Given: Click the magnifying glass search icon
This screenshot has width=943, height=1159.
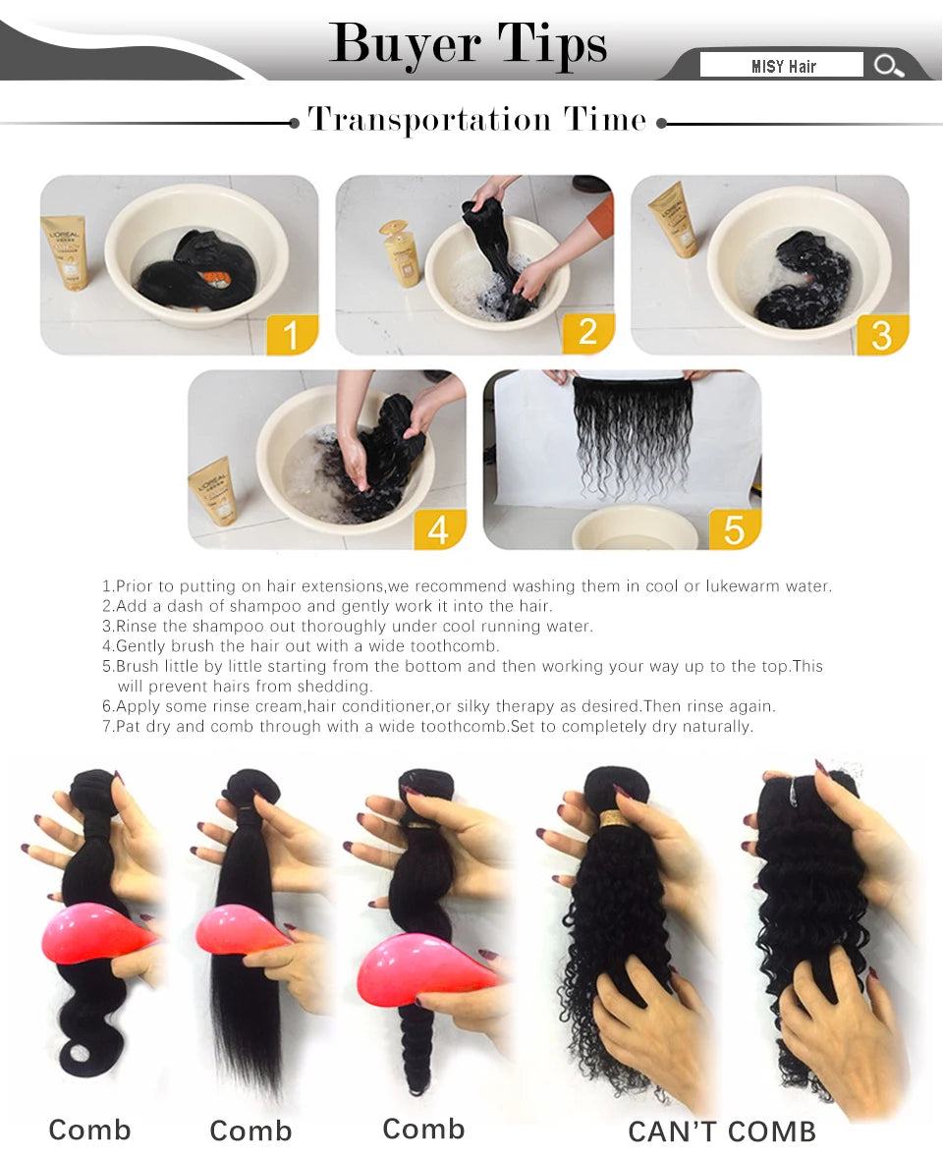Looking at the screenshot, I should coord(888,66).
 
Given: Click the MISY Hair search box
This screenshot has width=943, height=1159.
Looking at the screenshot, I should coord(782,66).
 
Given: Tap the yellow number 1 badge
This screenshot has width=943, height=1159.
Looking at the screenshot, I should coord(291,335).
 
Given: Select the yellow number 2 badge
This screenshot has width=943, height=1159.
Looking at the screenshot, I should coord(587,332).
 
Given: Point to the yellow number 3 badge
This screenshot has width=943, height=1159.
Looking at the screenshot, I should coord(881,335).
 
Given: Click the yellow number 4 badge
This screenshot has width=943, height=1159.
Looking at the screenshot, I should coord(439,529).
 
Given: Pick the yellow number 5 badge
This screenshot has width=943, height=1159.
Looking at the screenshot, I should coord(734,529).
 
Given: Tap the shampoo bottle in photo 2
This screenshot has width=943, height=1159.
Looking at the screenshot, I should coord(401,252).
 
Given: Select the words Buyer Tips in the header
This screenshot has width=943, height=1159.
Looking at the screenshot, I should coord(469,43).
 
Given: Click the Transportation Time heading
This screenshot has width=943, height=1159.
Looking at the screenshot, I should coord(477,120).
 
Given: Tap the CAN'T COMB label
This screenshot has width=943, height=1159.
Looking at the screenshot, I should coord(722,1131).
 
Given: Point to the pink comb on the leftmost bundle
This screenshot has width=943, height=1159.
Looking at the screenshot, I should coord(93,933).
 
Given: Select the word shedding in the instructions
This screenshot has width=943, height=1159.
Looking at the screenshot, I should coord(339,687).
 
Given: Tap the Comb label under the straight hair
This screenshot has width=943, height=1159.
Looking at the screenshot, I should coord(250,1131).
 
